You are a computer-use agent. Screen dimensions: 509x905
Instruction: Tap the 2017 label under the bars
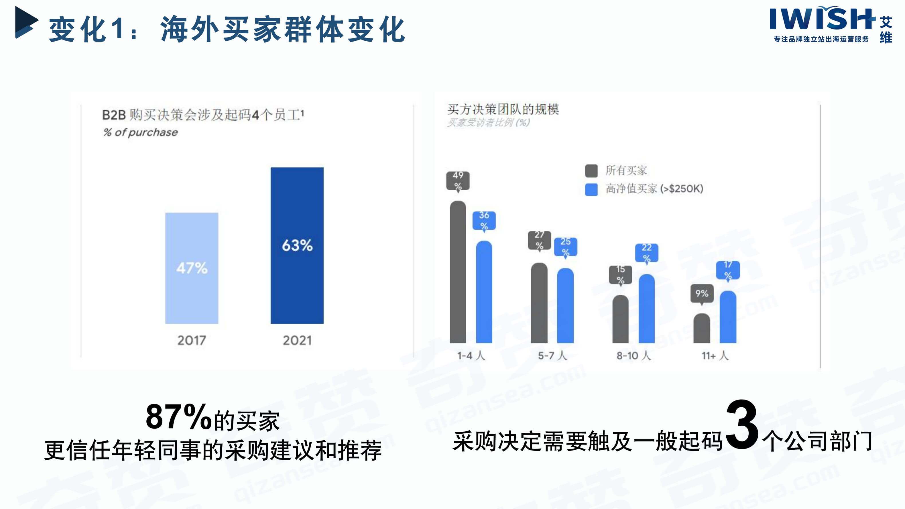[x=192, y=340]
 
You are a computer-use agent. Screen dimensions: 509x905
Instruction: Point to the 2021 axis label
[x=297, y=340]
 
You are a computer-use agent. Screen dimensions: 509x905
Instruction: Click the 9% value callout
[x=702, y=293]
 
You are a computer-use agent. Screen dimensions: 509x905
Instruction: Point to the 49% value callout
[x=458, y=180]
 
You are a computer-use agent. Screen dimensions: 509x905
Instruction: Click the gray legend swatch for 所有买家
[x=591, y=171]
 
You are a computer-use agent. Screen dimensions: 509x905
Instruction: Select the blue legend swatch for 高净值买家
[x=591, y=189]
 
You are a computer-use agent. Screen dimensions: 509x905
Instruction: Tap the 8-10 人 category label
[x=634, y=355]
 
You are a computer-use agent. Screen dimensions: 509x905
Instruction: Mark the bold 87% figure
[x=178, y=417]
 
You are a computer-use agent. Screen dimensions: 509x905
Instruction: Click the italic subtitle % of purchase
[x=141, y=132]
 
